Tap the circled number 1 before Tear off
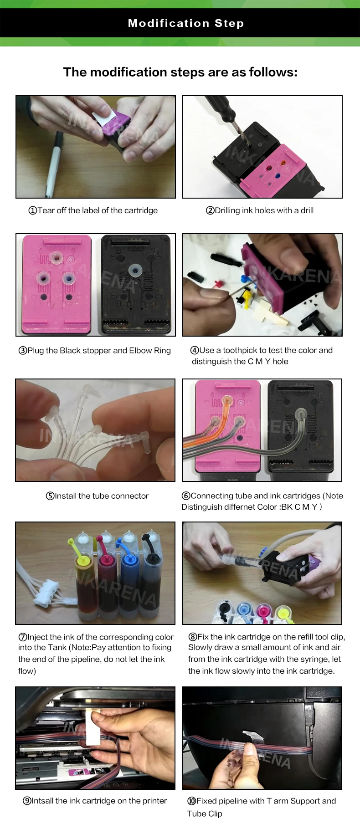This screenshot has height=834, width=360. (32, 210)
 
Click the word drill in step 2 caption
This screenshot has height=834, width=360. (307, 210)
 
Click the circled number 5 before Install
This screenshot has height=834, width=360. (50, 496)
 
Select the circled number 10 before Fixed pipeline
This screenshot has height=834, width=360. (191, 801)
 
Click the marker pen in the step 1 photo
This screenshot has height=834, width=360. (53, 162)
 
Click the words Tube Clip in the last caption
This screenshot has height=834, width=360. (205, 814)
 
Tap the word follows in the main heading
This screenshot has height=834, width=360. (271, 72)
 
